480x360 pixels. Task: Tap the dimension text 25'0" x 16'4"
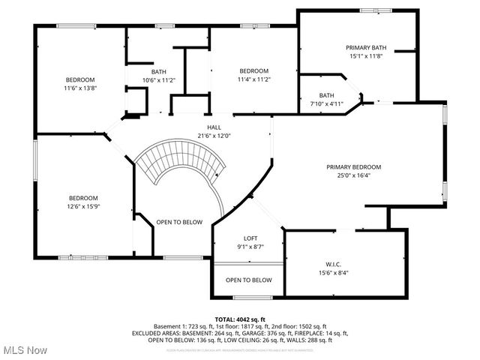click(x=353, y=175)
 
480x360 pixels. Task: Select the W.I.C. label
click(x=332, y=264)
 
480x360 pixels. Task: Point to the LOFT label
click(x=250, y=238)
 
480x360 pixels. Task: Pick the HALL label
click(x=214, y=127)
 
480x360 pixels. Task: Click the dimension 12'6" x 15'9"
click(x=84, y=206)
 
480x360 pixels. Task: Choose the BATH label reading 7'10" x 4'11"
click(x=326, y=103)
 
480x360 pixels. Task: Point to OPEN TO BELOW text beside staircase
click(x=179, y=222)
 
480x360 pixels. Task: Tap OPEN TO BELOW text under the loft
click(x=249, y=280)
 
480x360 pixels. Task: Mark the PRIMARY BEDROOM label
click(x=353, y=166)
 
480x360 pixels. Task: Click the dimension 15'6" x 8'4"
click(x=332, y=273)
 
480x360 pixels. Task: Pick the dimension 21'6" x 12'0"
click(x=214, y=136)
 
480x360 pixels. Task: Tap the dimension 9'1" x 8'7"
click(x=250, y=246)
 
